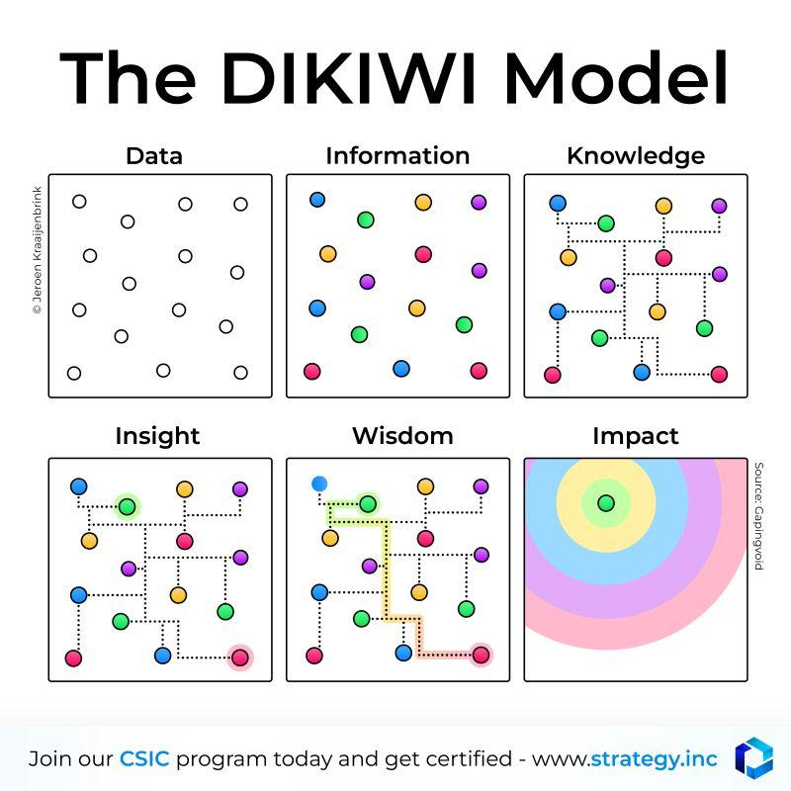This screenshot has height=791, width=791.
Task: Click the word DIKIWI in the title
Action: click(349, 77)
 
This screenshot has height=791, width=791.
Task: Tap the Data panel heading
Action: click(154, 156)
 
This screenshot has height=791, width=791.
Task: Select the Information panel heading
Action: click(397, 156)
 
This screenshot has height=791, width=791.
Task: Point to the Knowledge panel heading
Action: click(636, 157)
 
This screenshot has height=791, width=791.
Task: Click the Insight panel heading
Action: click(157, 437)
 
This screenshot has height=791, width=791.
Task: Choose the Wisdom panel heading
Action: click(402, 436)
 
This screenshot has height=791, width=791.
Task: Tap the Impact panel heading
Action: click(636, 437)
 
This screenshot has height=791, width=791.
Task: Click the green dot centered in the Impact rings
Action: click(606, 503)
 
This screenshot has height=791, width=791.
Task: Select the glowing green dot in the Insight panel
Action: click(128, 506)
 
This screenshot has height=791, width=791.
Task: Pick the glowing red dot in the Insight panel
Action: click(239, 658)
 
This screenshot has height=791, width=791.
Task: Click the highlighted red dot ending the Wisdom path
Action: click(481, 655)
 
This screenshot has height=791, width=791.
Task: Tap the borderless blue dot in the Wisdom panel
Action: click(319, 484)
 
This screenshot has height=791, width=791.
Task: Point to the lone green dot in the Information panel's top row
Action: click(365, 220)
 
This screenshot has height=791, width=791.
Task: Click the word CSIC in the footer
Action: click(144, 758)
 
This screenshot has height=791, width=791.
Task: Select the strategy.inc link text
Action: click(654, 759)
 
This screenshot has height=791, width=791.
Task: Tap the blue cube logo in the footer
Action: click(753, 757)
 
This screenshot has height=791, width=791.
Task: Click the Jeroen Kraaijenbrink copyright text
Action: click(38, 250)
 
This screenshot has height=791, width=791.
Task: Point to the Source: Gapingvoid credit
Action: click(758, 516)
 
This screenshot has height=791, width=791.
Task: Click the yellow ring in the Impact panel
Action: click(606, 540)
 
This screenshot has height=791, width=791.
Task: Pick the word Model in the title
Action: click(615, 77)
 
